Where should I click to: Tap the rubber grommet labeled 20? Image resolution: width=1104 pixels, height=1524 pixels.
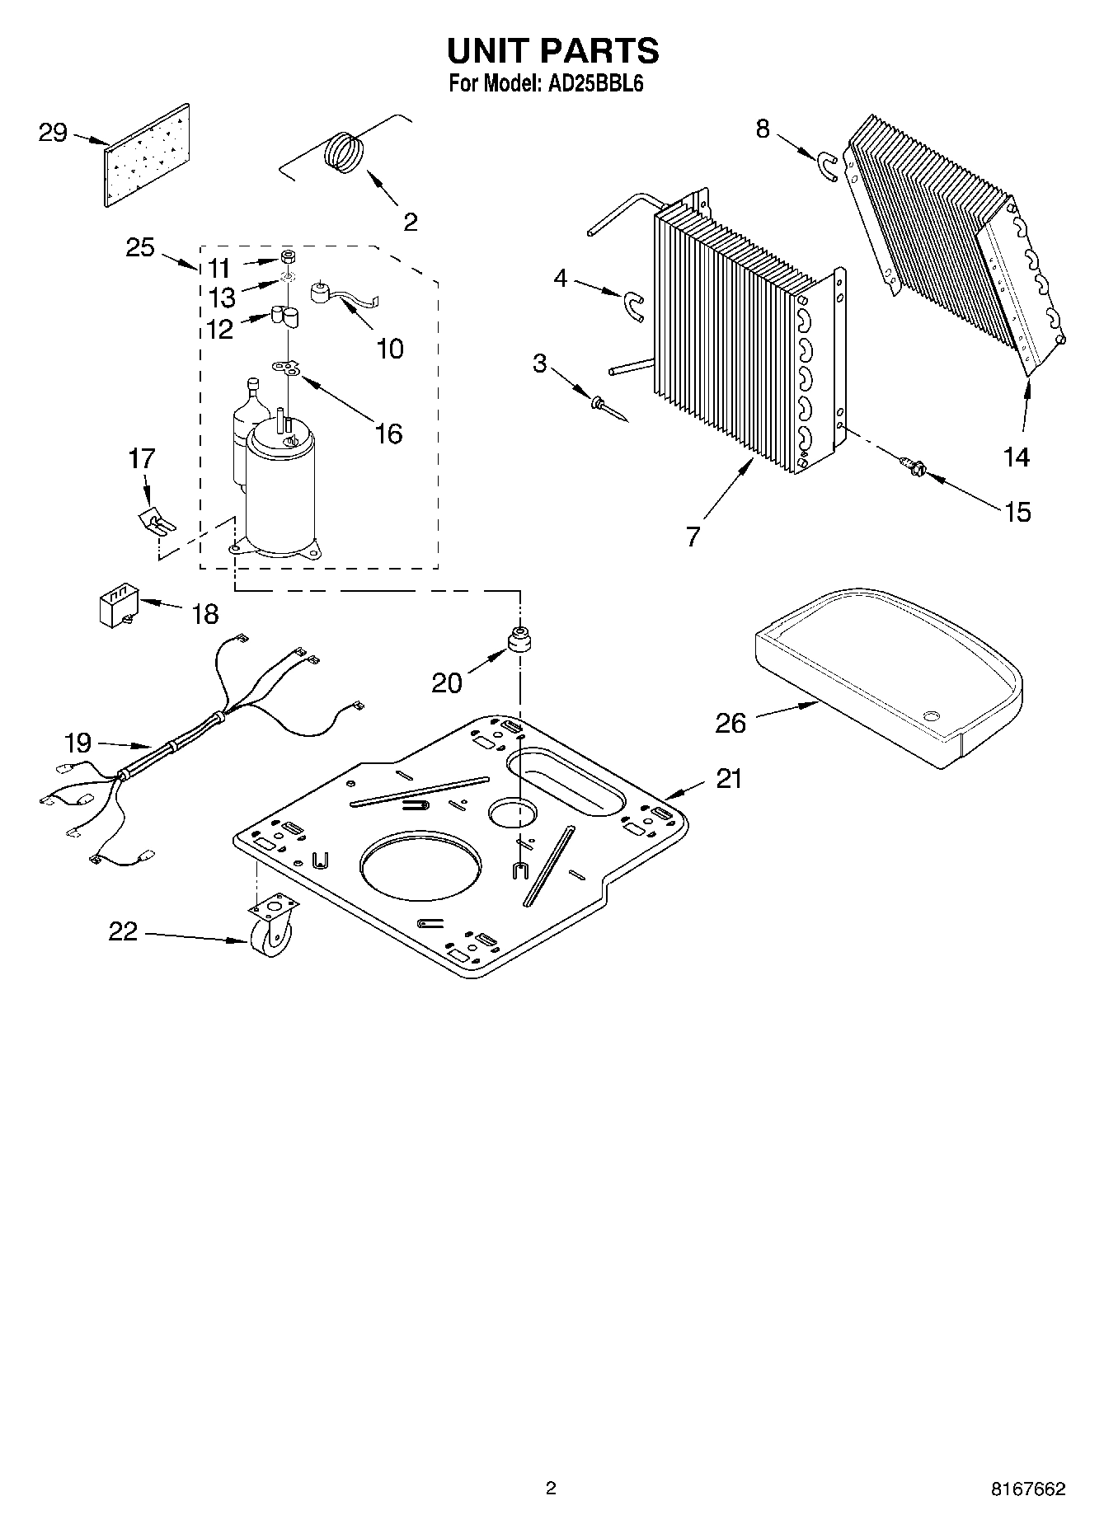point(519,640)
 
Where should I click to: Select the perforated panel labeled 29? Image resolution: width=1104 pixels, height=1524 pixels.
point(148,155)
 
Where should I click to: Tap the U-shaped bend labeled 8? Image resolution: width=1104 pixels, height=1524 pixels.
point(829,166)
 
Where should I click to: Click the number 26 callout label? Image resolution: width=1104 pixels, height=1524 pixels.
point(730,724)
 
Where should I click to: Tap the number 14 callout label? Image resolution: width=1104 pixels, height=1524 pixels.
point(1017,457)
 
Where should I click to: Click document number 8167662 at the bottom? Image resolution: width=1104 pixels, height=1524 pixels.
point(1027,1489)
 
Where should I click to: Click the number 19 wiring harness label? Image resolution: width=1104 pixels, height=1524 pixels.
point(78,743)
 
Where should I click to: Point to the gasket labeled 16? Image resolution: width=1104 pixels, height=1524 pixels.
point(288,366)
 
